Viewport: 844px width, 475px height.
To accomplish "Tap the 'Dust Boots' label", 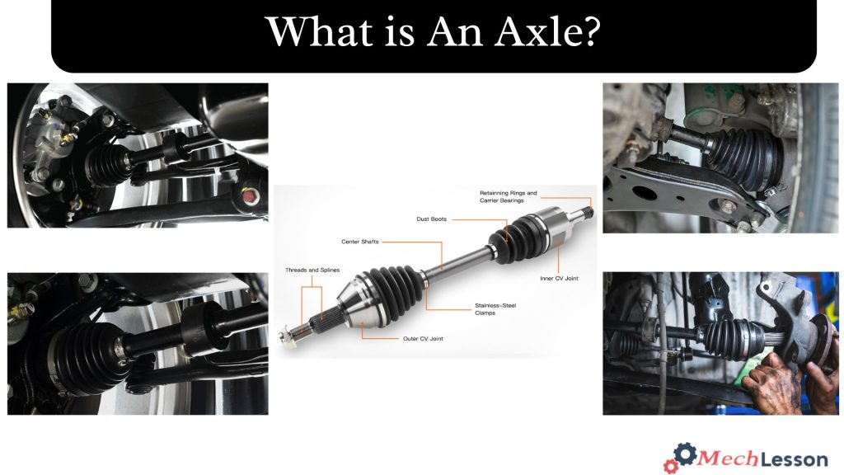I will pos(432,219).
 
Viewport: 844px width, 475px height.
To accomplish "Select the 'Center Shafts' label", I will pos(360,242).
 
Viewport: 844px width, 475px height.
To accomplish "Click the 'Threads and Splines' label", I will pos(312,270).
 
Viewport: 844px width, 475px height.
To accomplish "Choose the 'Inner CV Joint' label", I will pos(559,279).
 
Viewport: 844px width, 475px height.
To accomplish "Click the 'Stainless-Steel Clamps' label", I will pos(495,309).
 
